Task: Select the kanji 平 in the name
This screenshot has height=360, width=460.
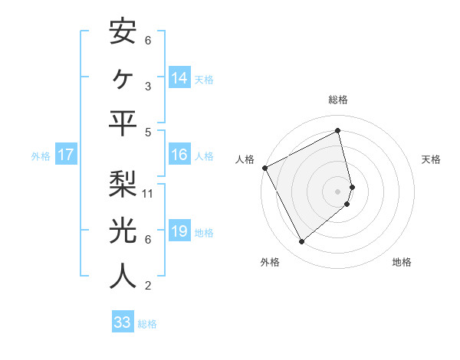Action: (x=123, y=123)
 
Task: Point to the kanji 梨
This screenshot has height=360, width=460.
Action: (x=123, y=185)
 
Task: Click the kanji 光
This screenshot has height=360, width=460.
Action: (x=123, y=231)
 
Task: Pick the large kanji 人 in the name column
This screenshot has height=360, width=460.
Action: (x=123, y=277)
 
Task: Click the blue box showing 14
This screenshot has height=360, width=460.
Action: (x=179, y=77)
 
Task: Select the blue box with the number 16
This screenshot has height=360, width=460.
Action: (x=179, y=155)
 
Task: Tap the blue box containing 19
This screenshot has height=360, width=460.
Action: (x=179, y=232)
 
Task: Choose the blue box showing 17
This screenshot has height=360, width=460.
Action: (x=66, y=155)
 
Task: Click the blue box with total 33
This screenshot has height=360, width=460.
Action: (x=123, y=322)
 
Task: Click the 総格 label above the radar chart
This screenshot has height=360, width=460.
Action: (x=337, y=100)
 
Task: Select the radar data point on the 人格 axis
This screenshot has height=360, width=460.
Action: (x=265, y=168)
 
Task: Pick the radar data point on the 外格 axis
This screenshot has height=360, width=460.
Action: (x=301, y=242)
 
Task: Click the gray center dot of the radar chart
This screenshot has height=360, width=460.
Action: (x=337, y=191)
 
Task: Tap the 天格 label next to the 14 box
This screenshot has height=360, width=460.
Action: (x=204, y=79)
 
